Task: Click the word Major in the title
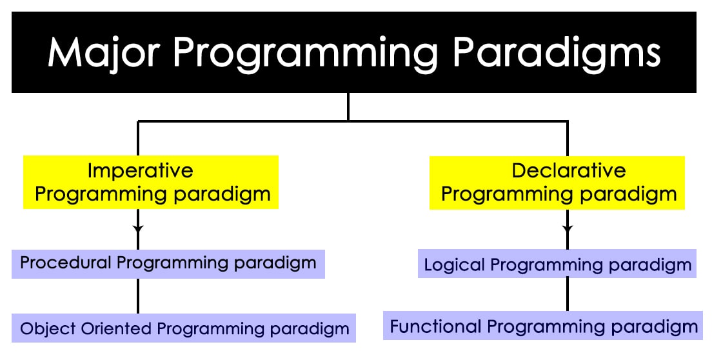(104, 54)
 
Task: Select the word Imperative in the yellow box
(141, 171)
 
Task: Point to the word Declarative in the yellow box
(569, 171)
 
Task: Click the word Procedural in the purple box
(65, 263)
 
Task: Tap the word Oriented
(116, 328)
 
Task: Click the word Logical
(454, 265)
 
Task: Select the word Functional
(435, 326)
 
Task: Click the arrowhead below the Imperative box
(138, 228)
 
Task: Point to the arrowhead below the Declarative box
(567, 228)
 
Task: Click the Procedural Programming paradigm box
(168, 264)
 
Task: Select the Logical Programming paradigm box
(557, 263)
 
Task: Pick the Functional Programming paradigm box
(542, 326)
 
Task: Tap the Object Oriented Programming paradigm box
(183, 328)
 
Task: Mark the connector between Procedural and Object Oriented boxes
(138, 295)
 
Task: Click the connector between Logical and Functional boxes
(567, 294)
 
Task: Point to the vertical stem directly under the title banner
(348, 106)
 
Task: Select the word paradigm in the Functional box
(655, 328)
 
